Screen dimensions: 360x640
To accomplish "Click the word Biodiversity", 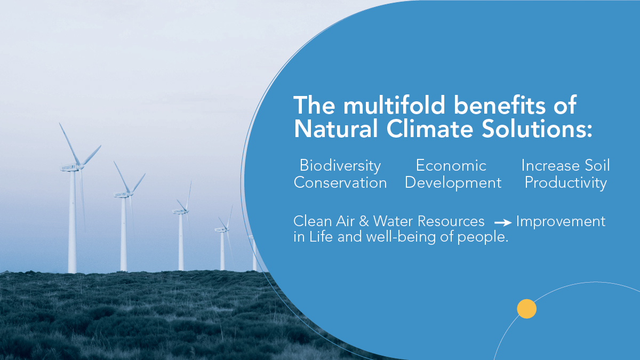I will pyautogui.click(x=340, y=165).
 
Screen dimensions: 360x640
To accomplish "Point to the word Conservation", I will pyautogui.click(x=340, y=183).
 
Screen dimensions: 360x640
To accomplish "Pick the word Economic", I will pyautogui.click(x=451, y=165).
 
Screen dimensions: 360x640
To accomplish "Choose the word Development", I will pyautogui.click(x=453, y=183).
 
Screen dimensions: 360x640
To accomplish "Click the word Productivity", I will pyautogui.click(x=566, y=183).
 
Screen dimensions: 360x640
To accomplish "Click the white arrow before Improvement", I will pyautogui.click(x=503, y=222).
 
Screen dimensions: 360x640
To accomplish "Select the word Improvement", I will pyautogui.click(x=561, y=221).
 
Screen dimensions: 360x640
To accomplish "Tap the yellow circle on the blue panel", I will pyautogui.click(x=526, y=309).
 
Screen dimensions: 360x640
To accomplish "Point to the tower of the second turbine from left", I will pyautogui.click(x=124, y=235).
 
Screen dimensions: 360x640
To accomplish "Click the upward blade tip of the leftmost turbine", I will pyautogui.click(x=60, y=124).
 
